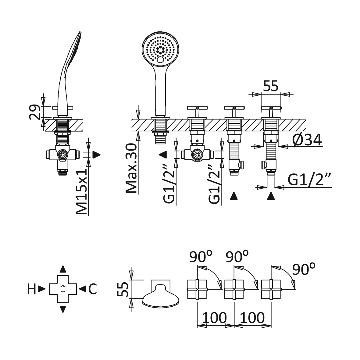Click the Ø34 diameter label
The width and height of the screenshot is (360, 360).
click(x=307, y=140)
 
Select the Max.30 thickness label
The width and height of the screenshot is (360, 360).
click(x=131, y=168)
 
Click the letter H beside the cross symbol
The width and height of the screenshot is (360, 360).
click(x=32, y=289)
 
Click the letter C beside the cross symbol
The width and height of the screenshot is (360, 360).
click(x=93, y=289)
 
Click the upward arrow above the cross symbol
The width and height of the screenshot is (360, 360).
click(x=63, y=269)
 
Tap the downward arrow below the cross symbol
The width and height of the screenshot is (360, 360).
click(x=63, y=309)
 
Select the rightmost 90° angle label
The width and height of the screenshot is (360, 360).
click(x=304, y=269)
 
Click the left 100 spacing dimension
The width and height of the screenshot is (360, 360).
click(x=214, y=318)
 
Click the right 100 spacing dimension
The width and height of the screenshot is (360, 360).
click(x=252, y=318)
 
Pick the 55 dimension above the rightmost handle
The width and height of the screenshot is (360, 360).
click(x=271, y=86)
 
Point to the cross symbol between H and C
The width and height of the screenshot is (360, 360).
click(x=63, y=289)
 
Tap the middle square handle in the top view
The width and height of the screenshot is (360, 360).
click(x=234, y=289)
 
